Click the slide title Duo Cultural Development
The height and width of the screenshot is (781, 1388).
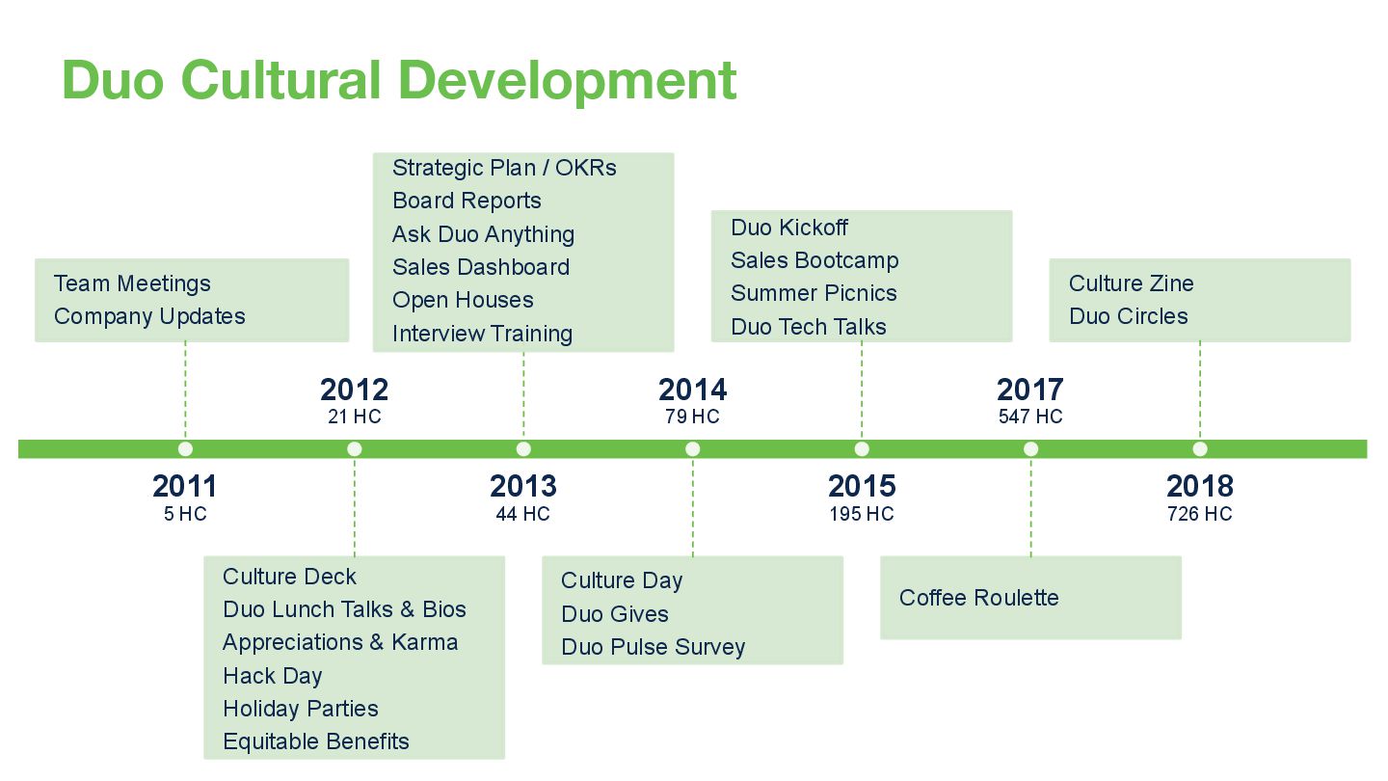coord(399,81)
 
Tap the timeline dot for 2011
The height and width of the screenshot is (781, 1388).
coord(185,448)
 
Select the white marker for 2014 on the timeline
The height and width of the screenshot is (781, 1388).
coord(692,448)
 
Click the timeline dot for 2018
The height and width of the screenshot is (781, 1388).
coord(1200,448)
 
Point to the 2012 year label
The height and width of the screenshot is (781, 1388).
coord(355,390)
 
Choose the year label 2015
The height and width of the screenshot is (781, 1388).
coord(862,486)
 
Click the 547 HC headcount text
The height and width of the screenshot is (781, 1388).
coord(1030,417)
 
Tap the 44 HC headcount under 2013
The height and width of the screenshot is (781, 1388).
coord(522,514)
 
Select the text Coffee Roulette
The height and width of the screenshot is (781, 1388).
coord(978,598)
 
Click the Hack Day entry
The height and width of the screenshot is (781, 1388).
coord(273,676)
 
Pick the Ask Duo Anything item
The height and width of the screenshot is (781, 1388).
coord(483,234)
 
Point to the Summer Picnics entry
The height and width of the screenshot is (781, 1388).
coord(814,293)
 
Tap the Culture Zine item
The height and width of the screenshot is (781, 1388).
coord(1131,283)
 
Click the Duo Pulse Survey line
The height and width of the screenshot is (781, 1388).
coord(653,647)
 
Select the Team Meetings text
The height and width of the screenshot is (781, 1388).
coord(132,283)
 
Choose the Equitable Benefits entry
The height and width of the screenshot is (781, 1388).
coord(316,741)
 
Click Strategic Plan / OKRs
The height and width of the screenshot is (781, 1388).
coord(504,168)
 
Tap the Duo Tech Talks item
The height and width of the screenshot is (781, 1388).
coord(809,327)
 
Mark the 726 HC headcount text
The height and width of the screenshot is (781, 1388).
coord(1200,514)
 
